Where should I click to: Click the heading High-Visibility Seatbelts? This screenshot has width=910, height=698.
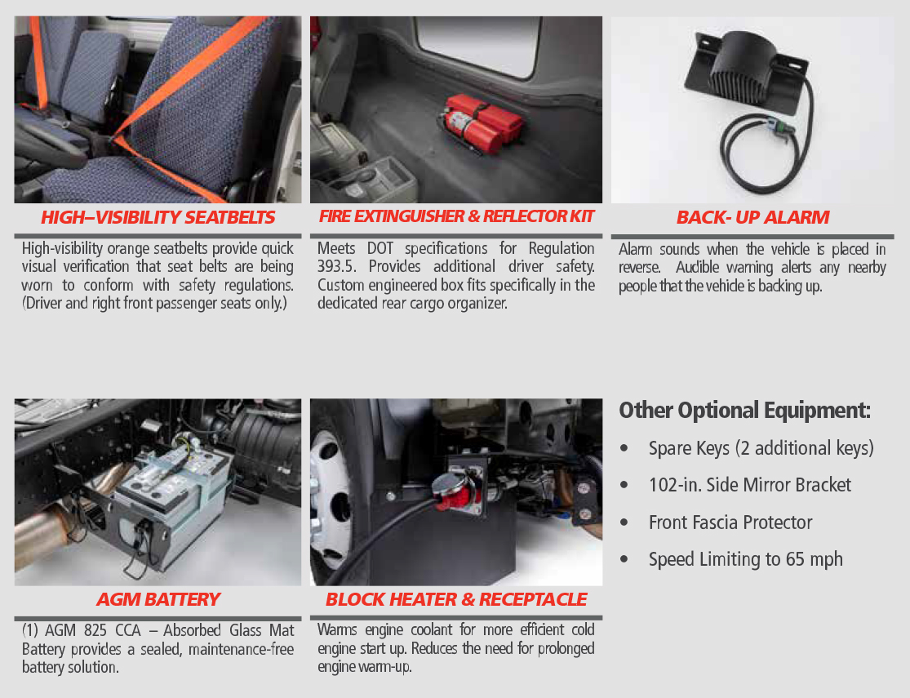click(158, 217)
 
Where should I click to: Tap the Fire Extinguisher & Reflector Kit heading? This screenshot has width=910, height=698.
click(456, 216)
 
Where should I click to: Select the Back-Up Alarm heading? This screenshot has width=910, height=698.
click(752, 217)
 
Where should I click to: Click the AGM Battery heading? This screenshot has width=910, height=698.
click(158, 599)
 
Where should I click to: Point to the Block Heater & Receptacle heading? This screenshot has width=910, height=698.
click(456, 599)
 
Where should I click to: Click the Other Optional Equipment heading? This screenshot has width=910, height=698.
click(744, 411)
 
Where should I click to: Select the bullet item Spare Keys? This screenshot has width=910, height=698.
click(761, 448)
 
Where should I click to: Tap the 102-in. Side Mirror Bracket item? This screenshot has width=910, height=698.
click(750, 485)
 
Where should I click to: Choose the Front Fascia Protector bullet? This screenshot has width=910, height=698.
click(730, 522)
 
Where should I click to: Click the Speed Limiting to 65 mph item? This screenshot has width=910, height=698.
click(746, 559)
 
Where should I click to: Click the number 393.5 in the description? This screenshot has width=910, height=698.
click(335, 266)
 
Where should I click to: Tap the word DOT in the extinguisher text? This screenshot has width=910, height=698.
click(380, 248)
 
